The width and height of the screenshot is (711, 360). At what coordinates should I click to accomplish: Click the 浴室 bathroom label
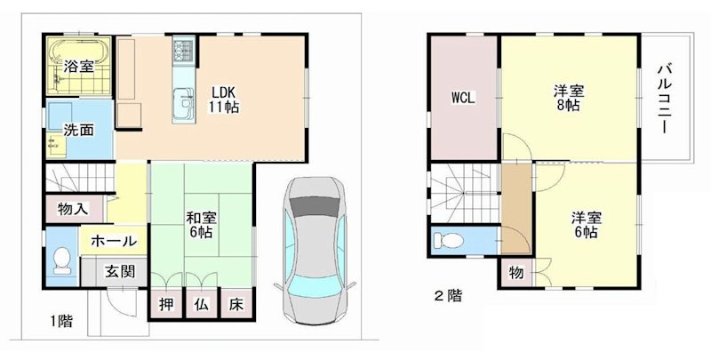pos(78,66)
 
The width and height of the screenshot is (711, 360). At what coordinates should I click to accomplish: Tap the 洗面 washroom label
pos(78,130)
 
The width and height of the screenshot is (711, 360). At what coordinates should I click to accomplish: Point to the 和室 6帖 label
pos(199,224)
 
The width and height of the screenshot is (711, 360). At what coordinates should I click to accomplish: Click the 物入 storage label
pos(72,210)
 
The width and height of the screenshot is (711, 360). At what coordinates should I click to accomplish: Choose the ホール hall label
pos(114,241)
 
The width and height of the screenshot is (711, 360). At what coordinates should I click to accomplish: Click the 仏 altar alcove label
pos(201,302)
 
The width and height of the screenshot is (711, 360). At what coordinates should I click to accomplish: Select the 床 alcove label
pos(236,302)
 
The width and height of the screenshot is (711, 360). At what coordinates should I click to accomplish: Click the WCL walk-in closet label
pos(462,98)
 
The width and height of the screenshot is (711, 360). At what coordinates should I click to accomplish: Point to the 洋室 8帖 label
pos(568,98)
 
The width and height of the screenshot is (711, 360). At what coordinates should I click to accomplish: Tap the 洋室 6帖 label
pos(583,224)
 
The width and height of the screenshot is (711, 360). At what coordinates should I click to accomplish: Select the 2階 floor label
pos(446,295)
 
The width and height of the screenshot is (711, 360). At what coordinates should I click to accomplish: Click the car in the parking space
pos(313,249)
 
